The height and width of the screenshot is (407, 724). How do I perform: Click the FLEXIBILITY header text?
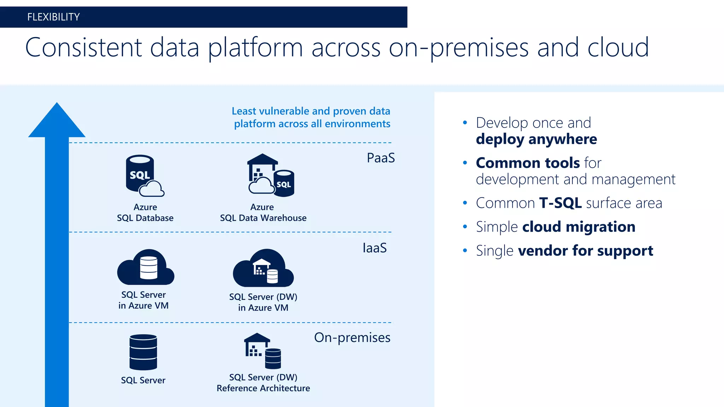(53, 17)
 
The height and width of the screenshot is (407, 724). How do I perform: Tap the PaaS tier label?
(380, 158)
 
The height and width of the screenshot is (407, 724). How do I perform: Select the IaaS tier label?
(374, 248)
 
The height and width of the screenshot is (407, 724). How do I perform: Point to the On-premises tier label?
(352, 337)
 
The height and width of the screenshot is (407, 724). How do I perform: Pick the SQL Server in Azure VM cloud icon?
(146, 268)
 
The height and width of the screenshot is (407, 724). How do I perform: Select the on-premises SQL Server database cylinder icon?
(143, 352)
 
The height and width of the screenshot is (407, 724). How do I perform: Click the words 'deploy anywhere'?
(536, 139)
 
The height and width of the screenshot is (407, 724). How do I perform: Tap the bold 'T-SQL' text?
(560, 203)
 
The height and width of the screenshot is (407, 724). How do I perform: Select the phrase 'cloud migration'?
(578, 227)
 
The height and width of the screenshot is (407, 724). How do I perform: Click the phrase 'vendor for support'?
(585, 251)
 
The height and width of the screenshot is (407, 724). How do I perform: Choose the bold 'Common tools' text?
(527, 163)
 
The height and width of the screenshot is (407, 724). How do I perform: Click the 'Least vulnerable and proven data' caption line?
(311, 111)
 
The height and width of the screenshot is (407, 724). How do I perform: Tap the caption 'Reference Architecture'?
(263, 388)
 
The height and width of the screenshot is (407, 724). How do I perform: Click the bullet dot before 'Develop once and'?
(465, 123)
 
